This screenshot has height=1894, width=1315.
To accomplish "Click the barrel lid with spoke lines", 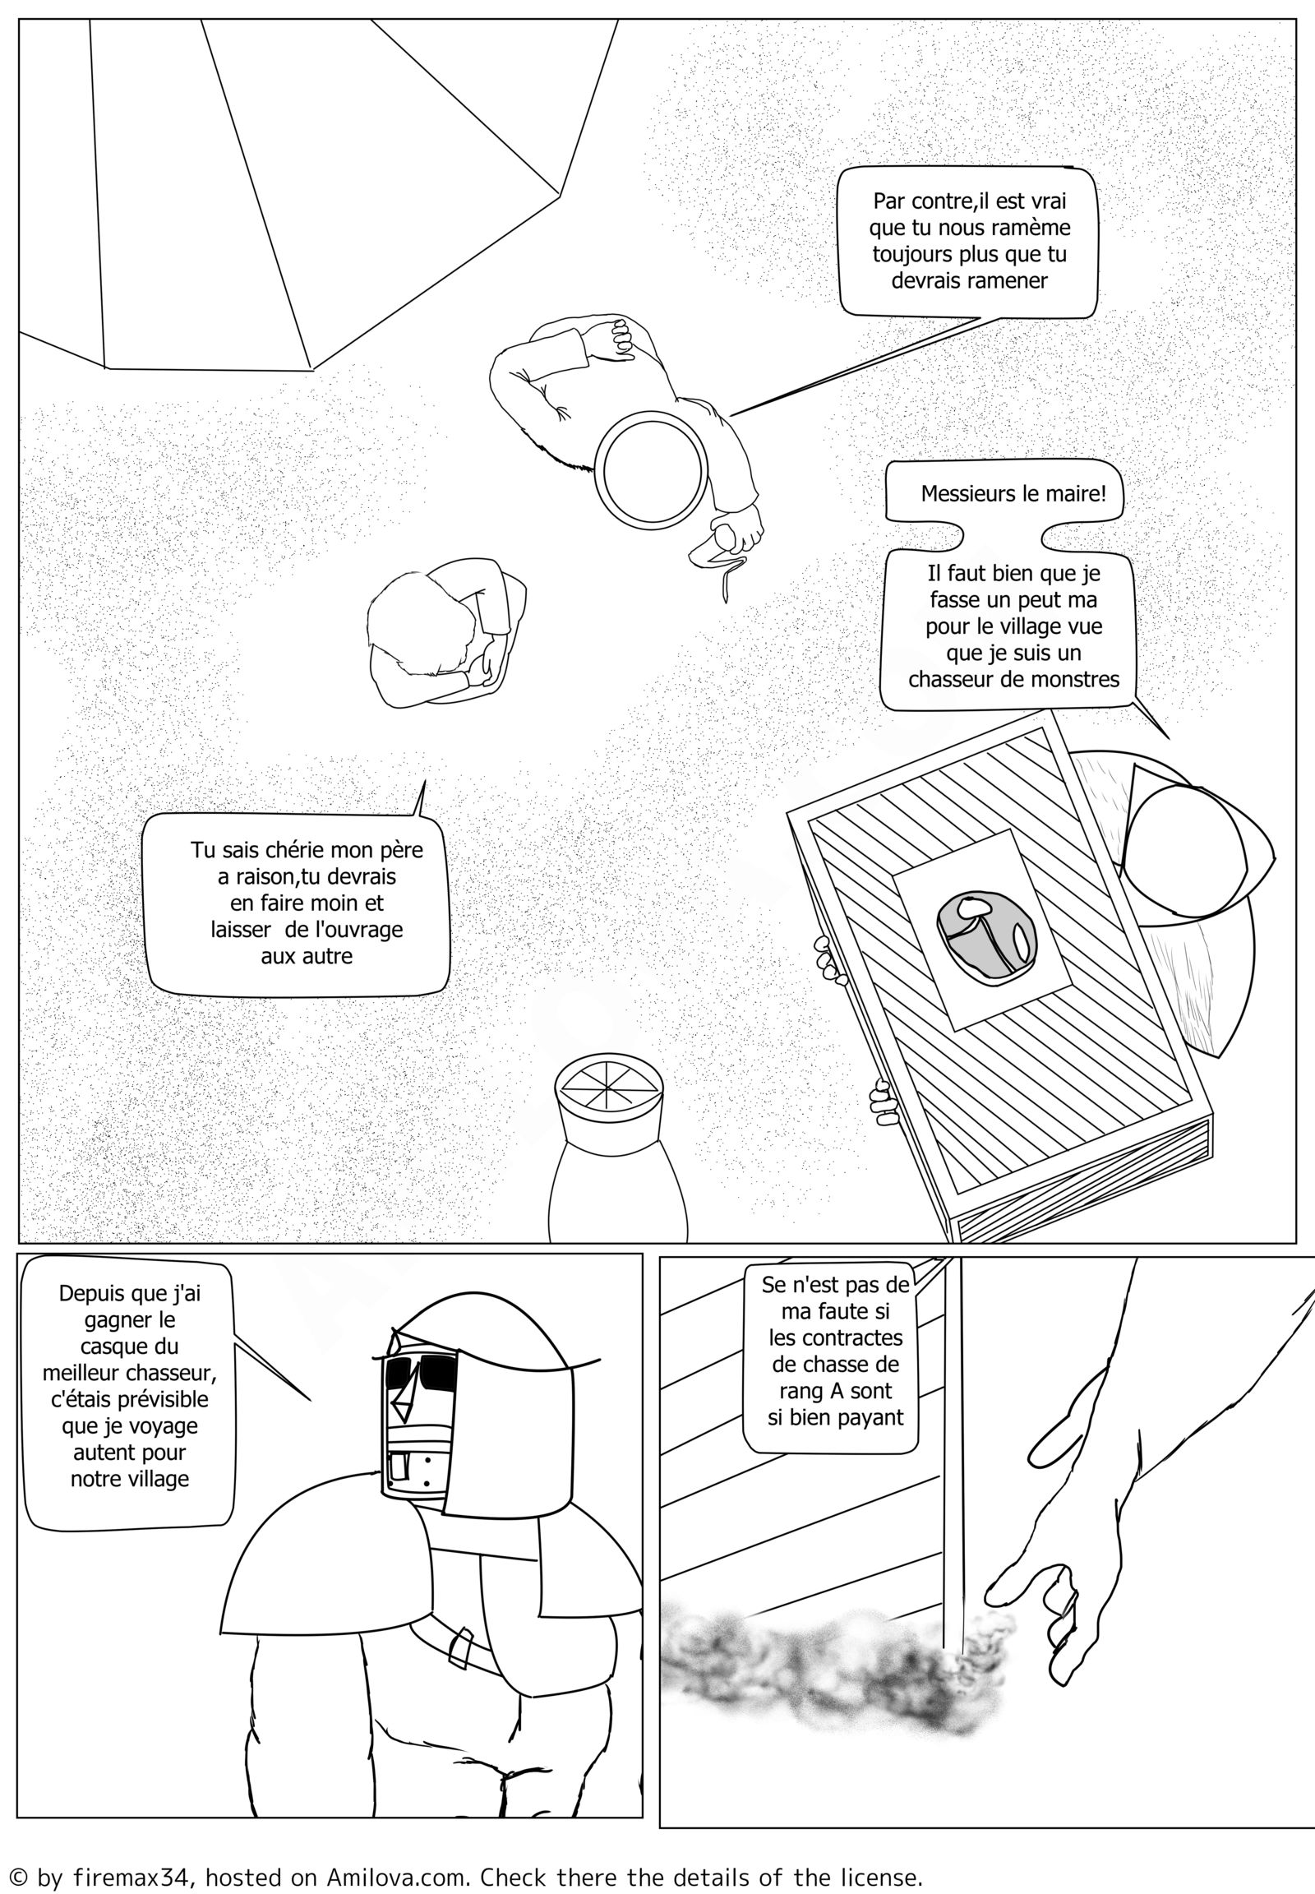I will pyautogui.click(x=608, y=1089).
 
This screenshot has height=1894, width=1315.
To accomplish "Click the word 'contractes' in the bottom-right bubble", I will pyautogui.click(x=837, y=1337).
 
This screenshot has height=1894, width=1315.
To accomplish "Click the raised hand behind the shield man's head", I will pyautogui.click(x=619, y=339).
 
